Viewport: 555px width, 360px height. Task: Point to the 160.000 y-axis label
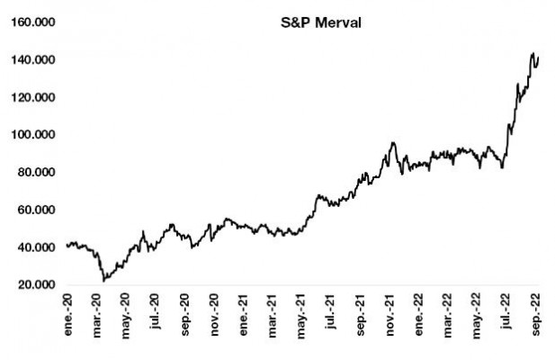coord(32,22)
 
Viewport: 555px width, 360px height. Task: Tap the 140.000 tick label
coord(32,60)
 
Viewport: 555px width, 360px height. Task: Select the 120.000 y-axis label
coord(32,97)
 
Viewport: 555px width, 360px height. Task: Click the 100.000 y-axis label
coord(32,135)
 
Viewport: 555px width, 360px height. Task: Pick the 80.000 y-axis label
coord(35,172)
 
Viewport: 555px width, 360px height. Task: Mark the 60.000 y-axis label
coord(35,210)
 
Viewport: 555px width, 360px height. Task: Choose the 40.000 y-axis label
coord(35,247)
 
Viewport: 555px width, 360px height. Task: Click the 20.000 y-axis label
coord(35,284)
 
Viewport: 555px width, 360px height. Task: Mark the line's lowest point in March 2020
coord(104,281)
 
